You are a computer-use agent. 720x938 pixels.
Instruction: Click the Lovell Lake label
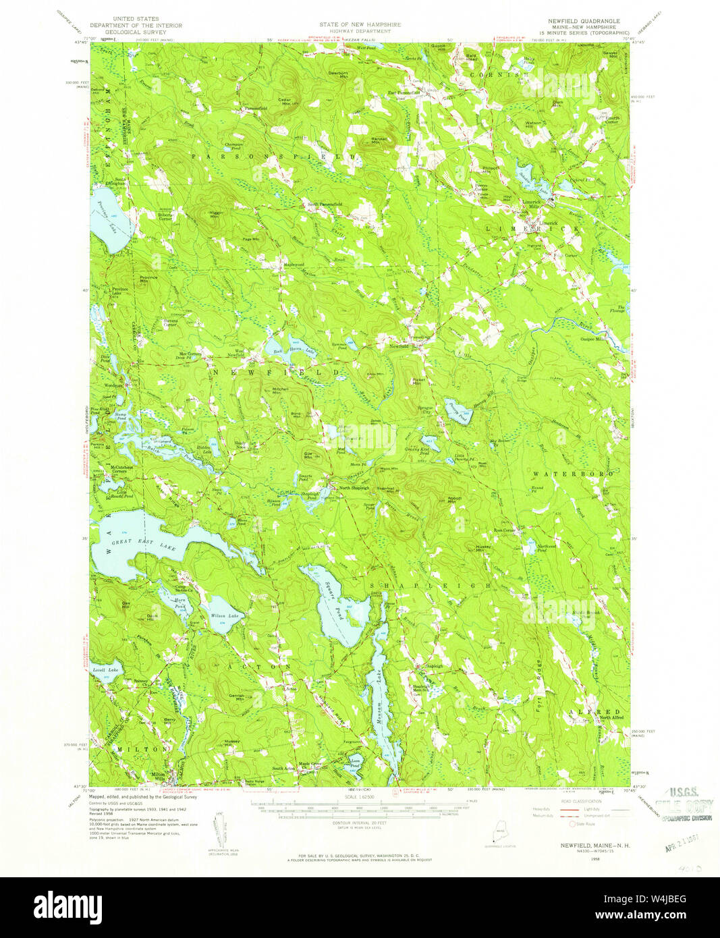pyautogui.click(x=105, y=669)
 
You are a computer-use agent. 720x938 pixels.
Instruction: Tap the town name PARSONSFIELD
pyautogui.click(x=273, y=157)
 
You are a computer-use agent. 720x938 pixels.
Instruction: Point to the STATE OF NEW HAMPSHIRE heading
pyautogui.click(x=360, y=24)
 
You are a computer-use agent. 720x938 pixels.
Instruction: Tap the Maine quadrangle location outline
pyautogui.click(x=498, y=829)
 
